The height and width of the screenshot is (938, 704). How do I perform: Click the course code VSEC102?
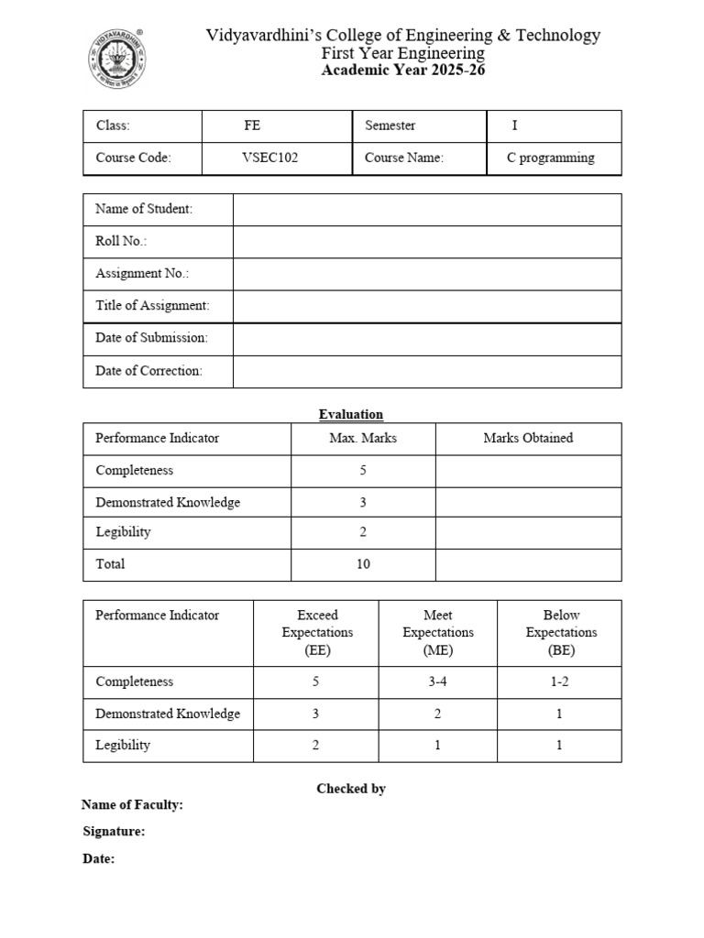click(269, 158)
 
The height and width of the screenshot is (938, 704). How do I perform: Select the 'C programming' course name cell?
click(550, 158)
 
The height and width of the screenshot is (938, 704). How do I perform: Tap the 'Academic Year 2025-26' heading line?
click(402, 71)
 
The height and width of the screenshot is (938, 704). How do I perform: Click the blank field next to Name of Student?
click(426, 210)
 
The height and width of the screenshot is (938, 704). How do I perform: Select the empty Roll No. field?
click(426, 242)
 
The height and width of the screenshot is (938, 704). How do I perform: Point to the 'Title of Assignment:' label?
click(152, 305)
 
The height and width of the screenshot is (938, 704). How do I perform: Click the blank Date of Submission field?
click(426, 338)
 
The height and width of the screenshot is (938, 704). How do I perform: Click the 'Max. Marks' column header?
click(363, 438)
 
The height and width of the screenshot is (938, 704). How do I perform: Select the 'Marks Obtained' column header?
click(528, 438)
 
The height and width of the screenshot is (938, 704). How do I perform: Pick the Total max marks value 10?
click(363, 564)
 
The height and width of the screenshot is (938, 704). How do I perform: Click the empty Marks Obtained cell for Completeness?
click(528, 471)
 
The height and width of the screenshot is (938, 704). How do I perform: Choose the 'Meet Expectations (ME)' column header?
click(437, 633)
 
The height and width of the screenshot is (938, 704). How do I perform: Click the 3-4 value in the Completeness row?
click(437, 682)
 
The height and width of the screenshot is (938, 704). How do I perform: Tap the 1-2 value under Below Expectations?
click(559, 682)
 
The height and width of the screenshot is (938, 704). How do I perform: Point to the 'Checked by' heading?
click(351, 789)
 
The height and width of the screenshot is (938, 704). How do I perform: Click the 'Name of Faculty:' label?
click(132, 805)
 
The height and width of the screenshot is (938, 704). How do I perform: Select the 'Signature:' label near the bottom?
click(114, 832)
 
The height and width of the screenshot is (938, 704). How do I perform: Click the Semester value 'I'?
click(514, 125)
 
